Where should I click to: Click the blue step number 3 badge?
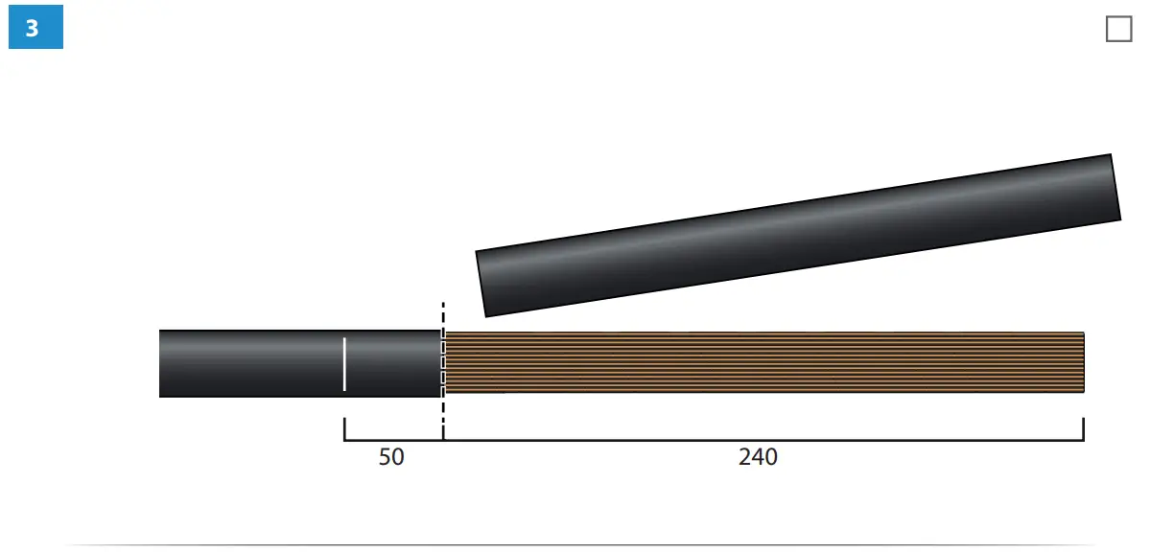pyautogui.click(x=35, y=27)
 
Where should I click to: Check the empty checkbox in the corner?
pyautogui.click(x=1119, y=29)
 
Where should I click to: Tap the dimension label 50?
pyautogui.click(x=391, y=457)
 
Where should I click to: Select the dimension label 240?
pyautogui.click(x=758, y=457)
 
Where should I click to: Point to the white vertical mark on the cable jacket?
pyautogui.click(x=344, y=364)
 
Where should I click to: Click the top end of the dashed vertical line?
pyautogui.click(x=443, y=303)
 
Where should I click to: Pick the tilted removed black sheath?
pyautogui.click(x=798, y=235)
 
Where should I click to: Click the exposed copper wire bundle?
pyautogui.click(x=764, y=362)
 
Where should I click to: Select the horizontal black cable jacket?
pyautogui.click(x=300, y=363)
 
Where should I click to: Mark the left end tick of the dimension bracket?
pyautogui.click(x=344, y=429)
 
